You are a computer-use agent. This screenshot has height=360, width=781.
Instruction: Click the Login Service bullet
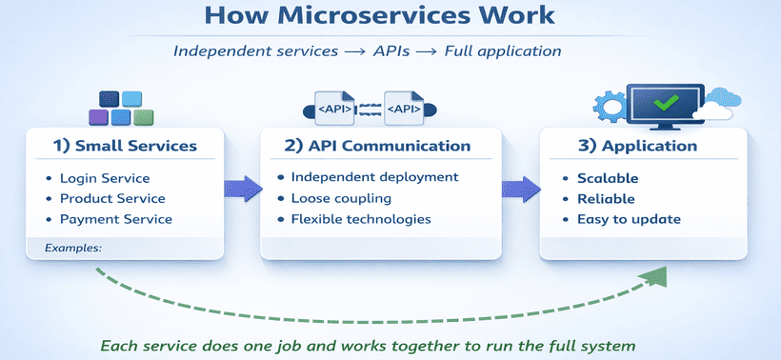point(104,178)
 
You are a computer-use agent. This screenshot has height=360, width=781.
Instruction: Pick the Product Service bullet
point(111,198)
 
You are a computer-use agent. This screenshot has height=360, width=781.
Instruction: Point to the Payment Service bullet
point(115,218)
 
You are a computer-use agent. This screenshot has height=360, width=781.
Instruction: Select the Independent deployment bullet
point(374,176)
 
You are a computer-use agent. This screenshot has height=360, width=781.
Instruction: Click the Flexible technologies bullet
point(360,219)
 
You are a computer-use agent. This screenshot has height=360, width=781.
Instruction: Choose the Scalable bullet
point(608,178)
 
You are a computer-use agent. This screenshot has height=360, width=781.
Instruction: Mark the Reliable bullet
point(605,198)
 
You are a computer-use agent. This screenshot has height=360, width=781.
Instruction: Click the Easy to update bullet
point(629,219)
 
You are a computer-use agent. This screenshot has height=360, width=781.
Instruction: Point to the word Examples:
point(73,248)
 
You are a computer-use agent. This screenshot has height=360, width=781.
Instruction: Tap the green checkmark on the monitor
point(666,100)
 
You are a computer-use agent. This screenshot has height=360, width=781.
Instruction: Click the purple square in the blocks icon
point(98,117)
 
